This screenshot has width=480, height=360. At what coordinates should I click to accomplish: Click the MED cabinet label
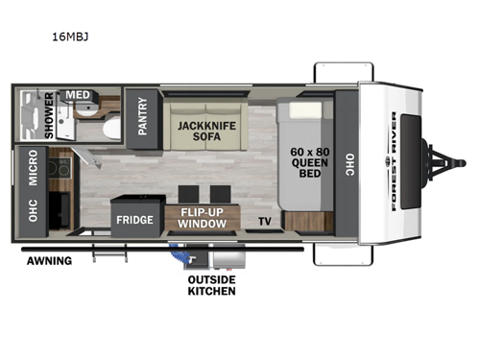pyautogui.click(x=77, y=95)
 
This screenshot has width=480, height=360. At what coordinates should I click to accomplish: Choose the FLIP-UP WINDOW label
pyautogui.click(x=202, y=218)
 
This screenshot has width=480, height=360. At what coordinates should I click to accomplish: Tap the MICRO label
pyautogui.click(x=33, y=168)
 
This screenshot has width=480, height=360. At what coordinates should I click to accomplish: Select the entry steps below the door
pyautogui.click(x=107, y=254)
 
